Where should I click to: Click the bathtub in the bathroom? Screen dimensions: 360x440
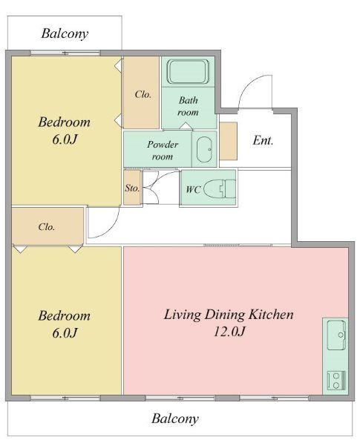click(188, 71)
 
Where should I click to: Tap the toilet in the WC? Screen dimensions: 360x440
click(220, 189)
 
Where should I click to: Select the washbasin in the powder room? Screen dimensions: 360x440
click(204, 150)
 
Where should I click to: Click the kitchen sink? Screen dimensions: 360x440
click(336, 335)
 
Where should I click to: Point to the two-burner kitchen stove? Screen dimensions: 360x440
click(336, 381)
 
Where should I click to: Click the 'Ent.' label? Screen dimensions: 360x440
click(263, 140)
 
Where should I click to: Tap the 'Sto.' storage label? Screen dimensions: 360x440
click(132, 188)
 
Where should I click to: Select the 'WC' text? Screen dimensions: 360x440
click(193, 190)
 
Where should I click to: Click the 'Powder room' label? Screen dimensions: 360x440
click(163, 151)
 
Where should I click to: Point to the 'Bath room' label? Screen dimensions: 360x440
click(188, 106)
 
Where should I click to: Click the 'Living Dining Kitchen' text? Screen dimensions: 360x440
click(229, 315)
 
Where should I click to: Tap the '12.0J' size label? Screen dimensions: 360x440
click(229, 332)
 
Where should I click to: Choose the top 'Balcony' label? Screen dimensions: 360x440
click(65, 33)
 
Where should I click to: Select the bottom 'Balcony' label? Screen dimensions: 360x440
click(175, 418)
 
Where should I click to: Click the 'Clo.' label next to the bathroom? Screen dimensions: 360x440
click(143, 94)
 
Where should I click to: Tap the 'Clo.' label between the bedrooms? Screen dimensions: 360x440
click(47, 226)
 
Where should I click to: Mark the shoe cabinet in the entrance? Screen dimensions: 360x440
click(229, 141)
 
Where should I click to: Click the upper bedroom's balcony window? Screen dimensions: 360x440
click(65, 53)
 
